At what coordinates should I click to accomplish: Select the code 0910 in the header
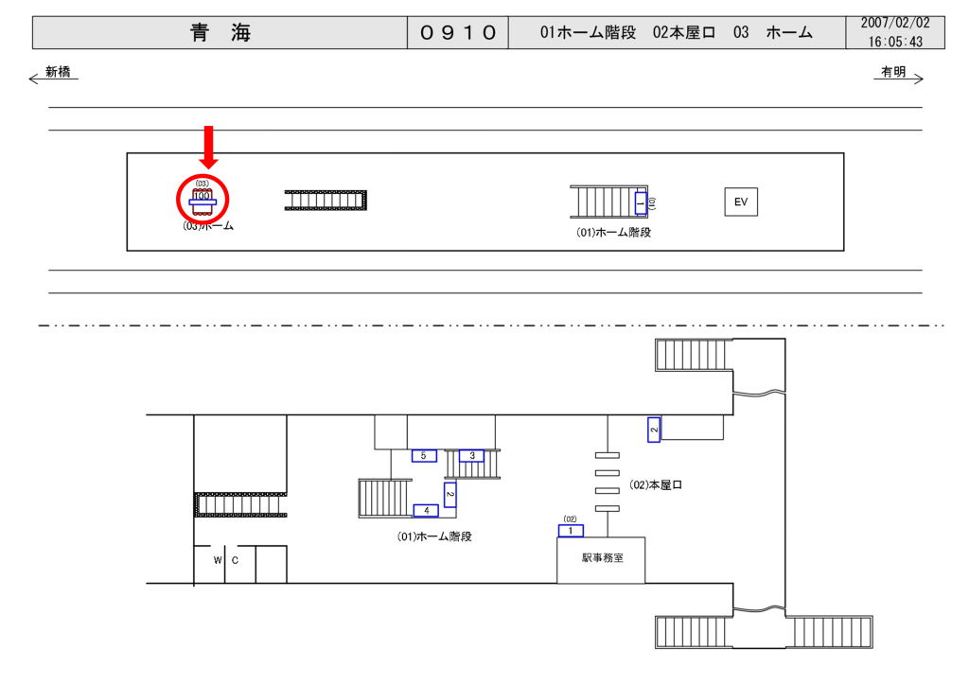coord(458,33)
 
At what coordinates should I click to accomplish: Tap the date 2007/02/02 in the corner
coord(894,23)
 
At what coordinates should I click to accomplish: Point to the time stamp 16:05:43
coord(894,43)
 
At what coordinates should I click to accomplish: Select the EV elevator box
coord(741,202)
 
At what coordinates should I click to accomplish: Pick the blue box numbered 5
coord(423,456)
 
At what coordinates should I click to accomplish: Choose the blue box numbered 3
coord(471,456)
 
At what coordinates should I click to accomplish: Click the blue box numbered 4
coord(426,511)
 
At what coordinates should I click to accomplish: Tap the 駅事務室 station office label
coord(601,558)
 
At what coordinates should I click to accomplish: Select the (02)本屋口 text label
coord(656,485)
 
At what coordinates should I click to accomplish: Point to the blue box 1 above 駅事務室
coord(571,531)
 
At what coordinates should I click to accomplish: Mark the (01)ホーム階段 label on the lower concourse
coord(434,536)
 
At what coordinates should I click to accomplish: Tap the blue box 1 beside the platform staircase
coord(640,202)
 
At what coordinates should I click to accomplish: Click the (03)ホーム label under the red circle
coord(208,227)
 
